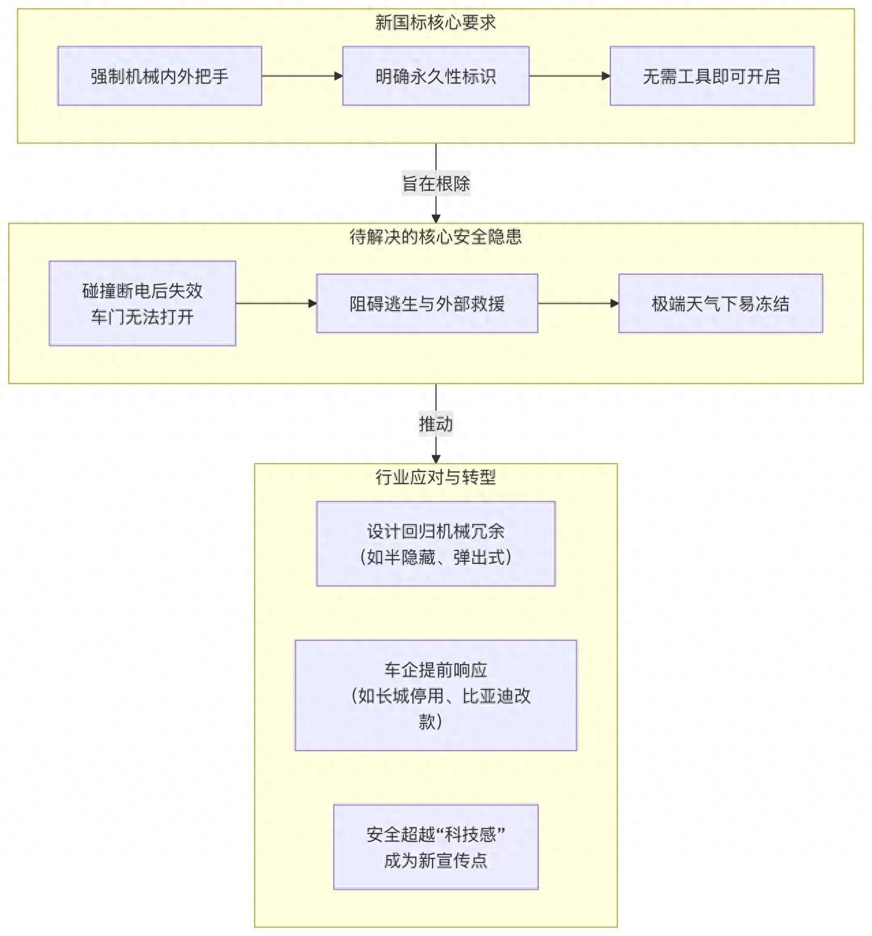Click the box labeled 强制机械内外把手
(159, 76)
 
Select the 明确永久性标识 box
(435, 76)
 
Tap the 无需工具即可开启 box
(711, 76)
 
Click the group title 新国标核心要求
(435, 22)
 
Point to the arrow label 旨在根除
(435, 184)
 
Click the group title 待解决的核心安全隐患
(435, 237)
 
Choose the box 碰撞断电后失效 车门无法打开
(142, 304)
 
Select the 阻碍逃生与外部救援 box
(427, 304)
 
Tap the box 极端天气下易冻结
(720, 304)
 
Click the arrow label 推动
(435, 424)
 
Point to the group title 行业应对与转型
(435, 478)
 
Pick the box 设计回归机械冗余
(435, 544)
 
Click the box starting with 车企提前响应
(435, 696)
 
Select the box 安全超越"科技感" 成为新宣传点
(435, 847)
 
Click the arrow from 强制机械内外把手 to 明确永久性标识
(302, 76)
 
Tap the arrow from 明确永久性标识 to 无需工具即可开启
(569, 76)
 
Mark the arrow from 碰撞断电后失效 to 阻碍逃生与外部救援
(276, 304)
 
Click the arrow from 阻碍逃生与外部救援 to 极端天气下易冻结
(578, 304)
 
